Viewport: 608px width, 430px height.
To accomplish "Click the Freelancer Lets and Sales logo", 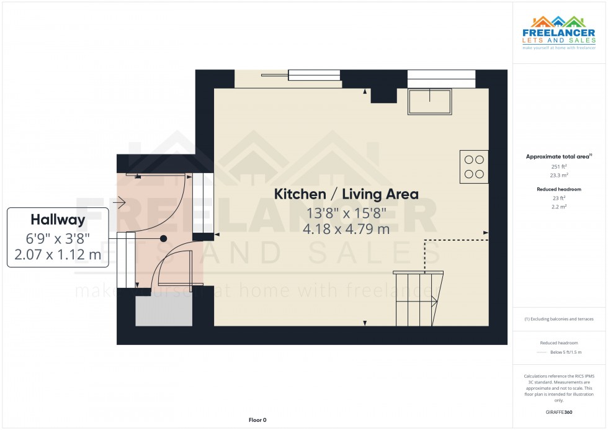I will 559,32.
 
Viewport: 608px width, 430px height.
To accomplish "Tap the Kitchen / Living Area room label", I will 346,194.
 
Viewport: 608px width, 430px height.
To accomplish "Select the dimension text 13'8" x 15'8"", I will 346,213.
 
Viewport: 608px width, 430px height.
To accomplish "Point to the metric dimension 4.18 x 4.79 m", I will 346,229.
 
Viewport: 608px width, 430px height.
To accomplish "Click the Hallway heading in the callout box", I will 58,220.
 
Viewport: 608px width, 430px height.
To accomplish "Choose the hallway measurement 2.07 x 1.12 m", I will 58,253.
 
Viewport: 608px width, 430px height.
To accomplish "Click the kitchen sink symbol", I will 429,101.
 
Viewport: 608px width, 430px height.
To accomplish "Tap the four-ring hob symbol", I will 474,166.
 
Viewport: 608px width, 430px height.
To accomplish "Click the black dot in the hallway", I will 164,238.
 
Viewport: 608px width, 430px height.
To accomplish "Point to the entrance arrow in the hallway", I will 120,202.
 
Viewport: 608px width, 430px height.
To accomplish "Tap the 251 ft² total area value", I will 559,167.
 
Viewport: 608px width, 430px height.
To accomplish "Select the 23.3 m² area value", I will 559,175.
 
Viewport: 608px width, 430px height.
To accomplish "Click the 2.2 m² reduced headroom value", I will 559,206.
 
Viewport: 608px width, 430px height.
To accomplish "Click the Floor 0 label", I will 257,420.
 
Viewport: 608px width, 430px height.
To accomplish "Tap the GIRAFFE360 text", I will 559,411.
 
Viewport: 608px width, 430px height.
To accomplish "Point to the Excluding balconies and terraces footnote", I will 559,319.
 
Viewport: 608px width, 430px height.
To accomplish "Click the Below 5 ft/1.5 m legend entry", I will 567,352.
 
